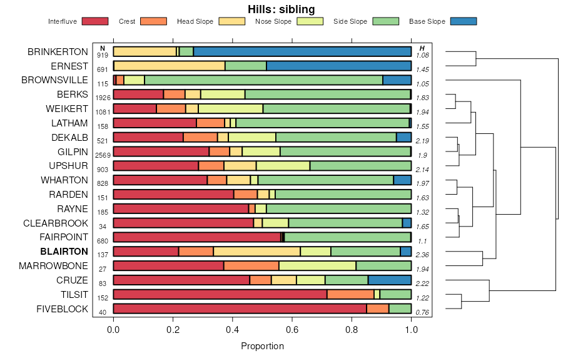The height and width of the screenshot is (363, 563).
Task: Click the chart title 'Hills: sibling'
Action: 281,9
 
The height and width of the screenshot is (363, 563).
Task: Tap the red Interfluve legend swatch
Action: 94,21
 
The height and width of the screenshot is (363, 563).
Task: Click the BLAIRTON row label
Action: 64,252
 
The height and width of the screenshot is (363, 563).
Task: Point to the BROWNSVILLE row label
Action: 55,80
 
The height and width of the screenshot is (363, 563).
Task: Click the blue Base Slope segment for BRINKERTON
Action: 302,51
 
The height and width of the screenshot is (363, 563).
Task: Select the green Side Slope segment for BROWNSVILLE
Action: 263,80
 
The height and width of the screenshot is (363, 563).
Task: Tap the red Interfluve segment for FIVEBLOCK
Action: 240,309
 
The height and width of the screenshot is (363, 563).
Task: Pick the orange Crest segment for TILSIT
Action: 350,294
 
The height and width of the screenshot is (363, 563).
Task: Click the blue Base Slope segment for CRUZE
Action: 389,280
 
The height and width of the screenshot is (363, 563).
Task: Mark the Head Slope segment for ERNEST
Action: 170,66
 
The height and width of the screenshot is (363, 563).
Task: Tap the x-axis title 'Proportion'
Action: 262,346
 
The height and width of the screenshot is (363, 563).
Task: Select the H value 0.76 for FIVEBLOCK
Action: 423,312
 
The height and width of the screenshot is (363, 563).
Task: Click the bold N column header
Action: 103,48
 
